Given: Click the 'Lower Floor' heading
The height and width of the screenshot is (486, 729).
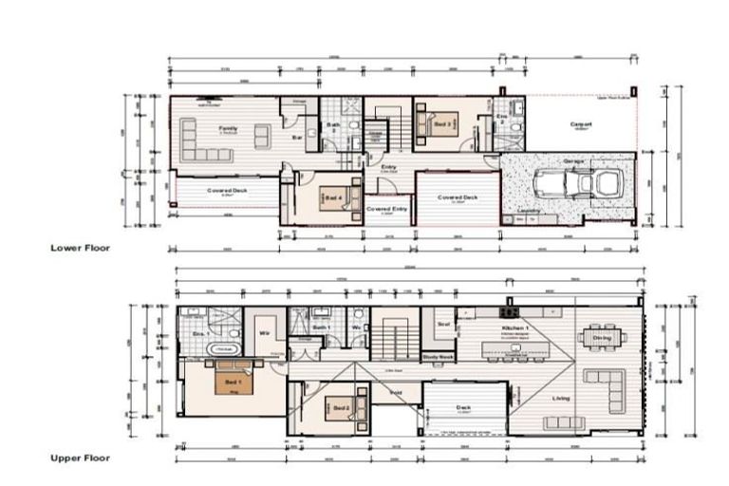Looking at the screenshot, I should [x=80, y=248].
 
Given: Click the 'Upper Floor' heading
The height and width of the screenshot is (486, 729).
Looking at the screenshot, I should [x=80, y=458].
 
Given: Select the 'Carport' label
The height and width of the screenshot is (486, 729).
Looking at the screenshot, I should [x=581, y=124].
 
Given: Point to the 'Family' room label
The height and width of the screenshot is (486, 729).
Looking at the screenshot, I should [x=228, y=128].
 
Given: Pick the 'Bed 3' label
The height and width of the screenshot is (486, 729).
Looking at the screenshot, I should [x=442, y=124].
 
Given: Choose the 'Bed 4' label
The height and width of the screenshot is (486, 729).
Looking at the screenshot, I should [x=332, y=197].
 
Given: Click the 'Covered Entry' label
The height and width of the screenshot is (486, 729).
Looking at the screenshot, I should [x=386, y=208].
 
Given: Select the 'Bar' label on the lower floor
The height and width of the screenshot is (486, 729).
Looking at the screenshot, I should [x=296, y=138].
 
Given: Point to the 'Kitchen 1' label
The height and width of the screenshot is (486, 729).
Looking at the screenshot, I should [x=514, y=327].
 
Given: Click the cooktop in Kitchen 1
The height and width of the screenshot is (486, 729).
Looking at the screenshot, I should [x=510, y=311].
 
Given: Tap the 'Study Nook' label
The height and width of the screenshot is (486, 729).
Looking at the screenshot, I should [x=438, y=357].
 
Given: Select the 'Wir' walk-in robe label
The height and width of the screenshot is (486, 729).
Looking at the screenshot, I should [x=267, y=334].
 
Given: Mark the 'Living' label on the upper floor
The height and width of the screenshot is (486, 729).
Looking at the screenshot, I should [x=561, y=399].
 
